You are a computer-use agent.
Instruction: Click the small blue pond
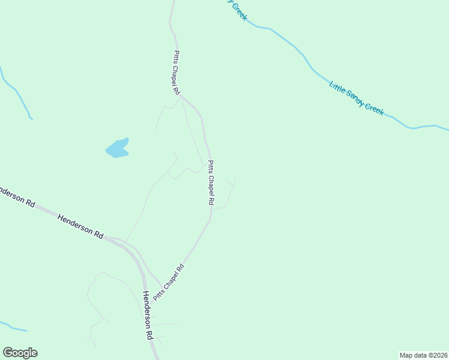(118, 148)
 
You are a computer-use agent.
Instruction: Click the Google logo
(20, 353)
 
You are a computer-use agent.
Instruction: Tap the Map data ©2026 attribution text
(423, 355)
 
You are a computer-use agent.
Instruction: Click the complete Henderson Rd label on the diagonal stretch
(81, 226)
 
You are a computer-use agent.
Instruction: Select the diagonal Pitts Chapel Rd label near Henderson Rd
(167, 282)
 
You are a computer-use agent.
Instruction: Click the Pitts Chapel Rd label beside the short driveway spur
(211, 183)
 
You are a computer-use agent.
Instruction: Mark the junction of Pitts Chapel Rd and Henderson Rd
(161, 287)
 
